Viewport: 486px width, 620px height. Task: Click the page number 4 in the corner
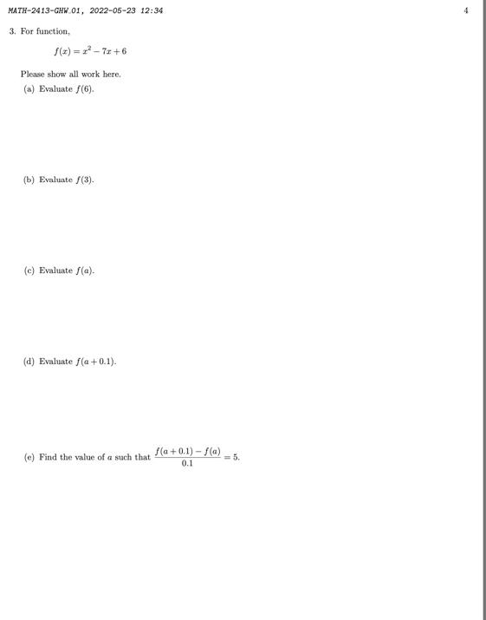[466, 10]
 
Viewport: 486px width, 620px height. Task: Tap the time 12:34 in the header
[152, 10]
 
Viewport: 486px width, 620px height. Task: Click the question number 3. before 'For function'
[13, 31]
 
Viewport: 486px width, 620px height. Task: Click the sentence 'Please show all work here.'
[71, 75]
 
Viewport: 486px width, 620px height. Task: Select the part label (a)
[29, 89]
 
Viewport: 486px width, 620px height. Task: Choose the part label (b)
[29, 179]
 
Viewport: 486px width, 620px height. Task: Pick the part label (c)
[29, 271]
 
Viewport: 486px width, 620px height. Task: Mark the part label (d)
[29, 362]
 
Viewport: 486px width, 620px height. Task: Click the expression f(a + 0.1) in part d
[94, 362]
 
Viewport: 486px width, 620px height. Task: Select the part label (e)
[29, 457]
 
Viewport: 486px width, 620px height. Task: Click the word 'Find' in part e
[47, 457]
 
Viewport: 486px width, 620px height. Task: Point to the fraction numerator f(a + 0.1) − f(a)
[188, 451]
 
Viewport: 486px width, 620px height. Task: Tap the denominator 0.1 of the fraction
[188, 463]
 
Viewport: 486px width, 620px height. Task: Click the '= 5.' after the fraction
[231, 456]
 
